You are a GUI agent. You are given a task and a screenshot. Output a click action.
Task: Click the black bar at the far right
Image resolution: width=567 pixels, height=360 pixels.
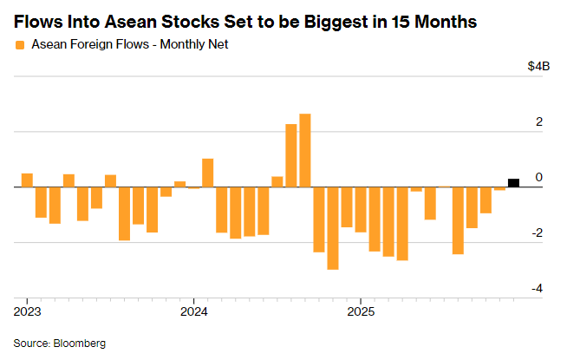(513, 182)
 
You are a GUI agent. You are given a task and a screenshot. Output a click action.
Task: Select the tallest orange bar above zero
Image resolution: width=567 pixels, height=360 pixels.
(305, 150)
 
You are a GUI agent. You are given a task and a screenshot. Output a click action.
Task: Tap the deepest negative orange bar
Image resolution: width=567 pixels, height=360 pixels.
(333, 227)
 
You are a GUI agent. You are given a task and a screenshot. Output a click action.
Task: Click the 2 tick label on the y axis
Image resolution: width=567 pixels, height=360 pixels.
(539, 122)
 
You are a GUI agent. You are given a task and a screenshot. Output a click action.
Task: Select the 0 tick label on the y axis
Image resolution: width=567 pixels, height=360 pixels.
(539, 178)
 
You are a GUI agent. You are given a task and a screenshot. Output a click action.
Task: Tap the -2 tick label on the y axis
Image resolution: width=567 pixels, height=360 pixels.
(537, 233)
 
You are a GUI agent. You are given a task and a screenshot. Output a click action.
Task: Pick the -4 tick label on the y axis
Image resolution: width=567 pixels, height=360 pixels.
(537, 289)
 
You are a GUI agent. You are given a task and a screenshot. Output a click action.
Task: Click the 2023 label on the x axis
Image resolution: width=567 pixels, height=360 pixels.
(28, 311)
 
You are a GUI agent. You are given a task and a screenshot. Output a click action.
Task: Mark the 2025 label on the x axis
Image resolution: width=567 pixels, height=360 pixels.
(361, 311)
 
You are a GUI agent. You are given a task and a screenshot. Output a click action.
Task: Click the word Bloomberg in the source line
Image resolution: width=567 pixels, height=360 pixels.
(80, 344)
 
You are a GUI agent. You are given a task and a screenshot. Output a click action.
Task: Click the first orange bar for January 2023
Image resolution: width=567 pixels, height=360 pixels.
(27, 180)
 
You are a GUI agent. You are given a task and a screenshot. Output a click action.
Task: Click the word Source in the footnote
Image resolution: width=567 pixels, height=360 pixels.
(31, 344)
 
